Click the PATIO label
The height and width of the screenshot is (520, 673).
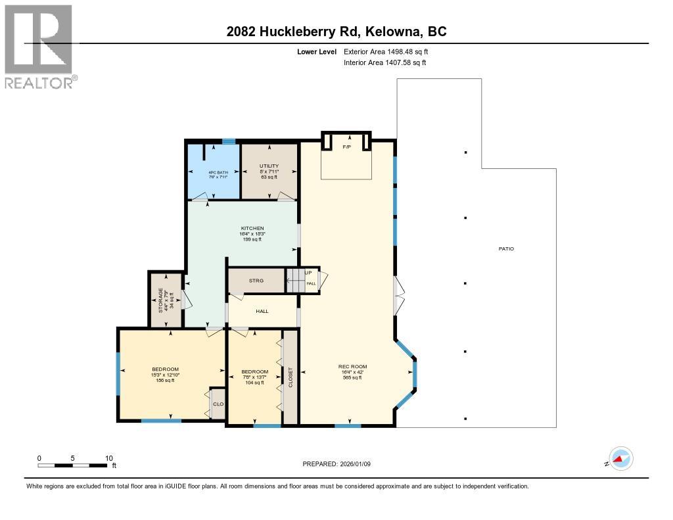505,248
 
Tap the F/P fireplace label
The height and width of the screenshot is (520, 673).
346,147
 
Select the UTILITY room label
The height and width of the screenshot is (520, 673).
269,166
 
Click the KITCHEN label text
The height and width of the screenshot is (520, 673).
252,228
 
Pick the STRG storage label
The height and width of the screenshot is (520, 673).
256,281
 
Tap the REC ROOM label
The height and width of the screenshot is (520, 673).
353,366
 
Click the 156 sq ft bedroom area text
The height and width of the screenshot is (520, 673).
165,381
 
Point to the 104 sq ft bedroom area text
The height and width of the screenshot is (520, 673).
254,383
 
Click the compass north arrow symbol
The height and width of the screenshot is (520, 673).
620,460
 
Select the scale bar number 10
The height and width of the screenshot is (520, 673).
109,458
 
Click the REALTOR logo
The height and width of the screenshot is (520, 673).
39,46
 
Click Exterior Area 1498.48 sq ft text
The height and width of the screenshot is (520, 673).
386,51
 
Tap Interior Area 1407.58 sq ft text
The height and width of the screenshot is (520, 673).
384,62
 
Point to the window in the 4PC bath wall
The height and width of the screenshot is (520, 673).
229,141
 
